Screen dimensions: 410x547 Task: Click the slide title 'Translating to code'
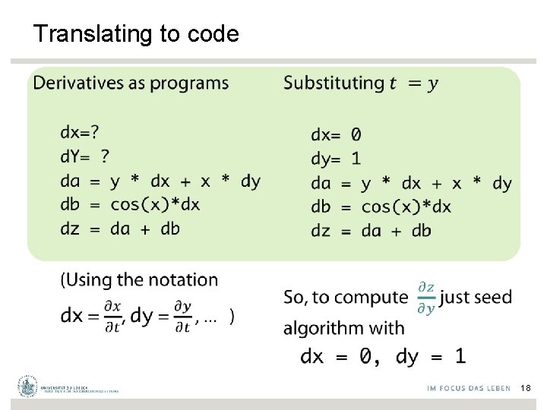point(136,34)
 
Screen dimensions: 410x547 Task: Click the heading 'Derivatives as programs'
point(131,83)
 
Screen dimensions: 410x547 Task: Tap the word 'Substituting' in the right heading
point(334,83)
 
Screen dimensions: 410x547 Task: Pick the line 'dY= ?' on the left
point(84,156)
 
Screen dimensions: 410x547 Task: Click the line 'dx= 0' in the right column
point(336,135)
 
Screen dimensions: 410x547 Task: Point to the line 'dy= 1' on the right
point(336,159)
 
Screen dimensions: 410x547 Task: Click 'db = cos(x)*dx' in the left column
point(130,204)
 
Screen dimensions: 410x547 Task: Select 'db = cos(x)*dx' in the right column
point(381,207)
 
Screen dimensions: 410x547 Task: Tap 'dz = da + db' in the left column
point(120,229)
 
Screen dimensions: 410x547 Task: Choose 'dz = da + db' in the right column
point(371,231)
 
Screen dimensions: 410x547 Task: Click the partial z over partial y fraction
point(426,297)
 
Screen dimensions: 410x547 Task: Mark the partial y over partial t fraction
point(182,316)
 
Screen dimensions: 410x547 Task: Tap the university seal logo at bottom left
point(29,386)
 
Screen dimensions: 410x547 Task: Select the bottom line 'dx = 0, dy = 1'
point(383,355)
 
